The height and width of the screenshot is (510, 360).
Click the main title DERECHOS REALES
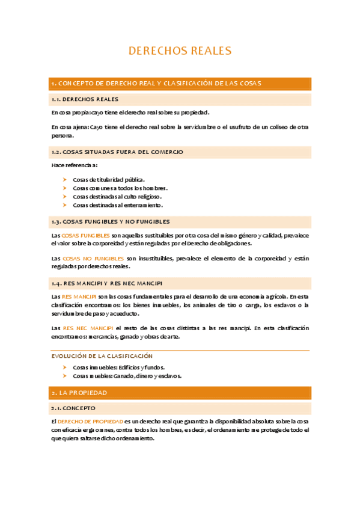180,51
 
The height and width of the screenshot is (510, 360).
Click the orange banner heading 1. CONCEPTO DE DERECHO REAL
156,83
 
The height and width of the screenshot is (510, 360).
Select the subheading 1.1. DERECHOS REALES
85,99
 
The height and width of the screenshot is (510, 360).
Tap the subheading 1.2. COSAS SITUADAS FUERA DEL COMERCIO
117,152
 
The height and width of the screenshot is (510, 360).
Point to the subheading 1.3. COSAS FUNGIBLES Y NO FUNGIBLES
111,221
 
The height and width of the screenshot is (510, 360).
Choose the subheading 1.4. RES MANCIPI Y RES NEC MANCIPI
106,283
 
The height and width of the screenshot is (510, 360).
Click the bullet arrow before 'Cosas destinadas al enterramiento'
64,205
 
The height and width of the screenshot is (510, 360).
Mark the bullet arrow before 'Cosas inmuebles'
64,367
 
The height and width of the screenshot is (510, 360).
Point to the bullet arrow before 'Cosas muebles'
64,375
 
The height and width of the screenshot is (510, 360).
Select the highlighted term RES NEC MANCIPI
88,328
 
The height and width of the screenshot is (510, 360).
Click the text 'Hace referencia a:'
75,165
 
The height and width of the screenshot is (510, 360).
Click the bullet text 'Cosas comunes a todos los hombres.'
120,188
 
